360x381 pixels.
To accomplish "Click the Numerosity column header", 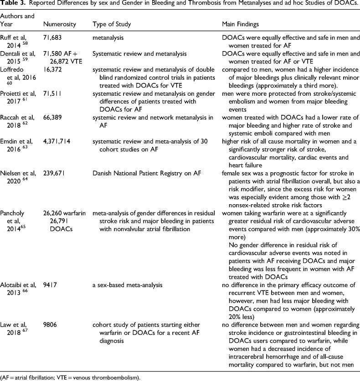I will coord(58,23).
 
